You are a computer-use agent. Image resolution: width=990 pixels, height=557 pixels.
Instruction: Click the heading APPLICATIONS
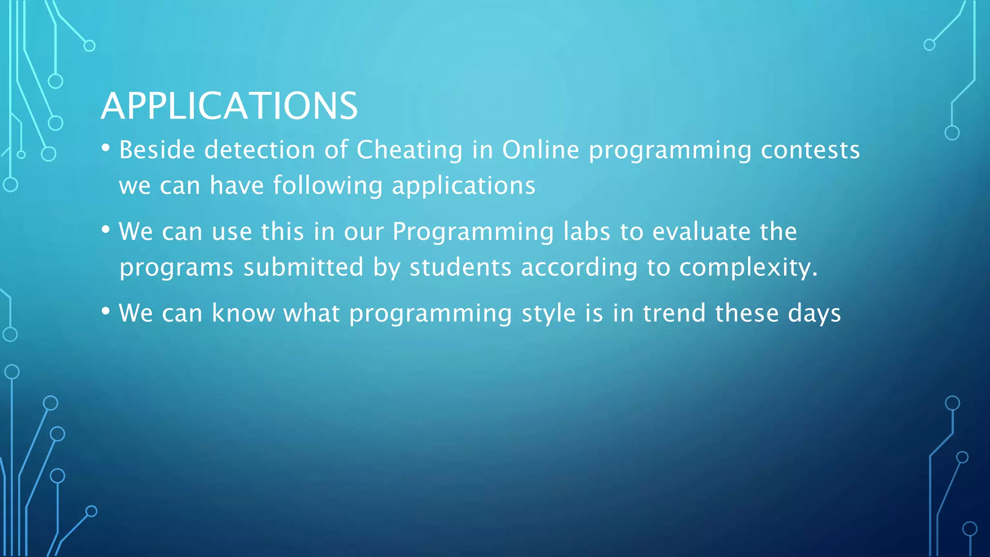coord(229,106)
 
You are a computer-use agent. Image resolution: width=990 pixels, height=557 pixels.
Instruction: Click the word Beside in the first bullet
coord(157,150)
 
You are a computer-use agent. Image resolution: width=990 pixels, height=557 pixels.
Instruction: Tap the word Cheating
coord(409,151)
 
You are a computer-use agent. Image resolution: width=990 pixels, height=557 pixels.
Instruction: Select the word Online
coord(540,150)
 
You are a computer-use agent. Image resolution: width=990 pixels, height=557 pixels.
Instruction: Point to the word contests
coord(810,150)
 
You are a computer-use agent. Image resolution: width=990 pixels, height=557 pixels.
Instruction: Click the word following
coord(328,186)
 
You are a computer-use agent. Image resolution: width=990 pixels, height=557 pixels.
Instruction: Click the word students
coord(460,267)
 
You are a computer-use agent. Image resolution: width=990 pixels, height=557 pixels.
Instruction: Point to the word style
coord(549,314)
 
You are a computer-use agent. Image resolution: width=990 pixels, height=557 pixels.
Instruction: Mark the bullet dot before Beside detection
coord(106,148)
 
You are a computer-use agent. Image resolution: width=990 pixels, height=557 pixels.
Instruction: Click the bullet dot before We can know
coord(106,311)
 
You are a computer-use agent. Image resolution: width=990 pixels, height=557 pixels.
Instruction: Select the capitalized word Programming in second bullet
coord(473,233)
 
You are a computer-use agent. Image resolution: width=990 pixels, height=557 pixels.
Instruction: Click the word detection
coord(260,150)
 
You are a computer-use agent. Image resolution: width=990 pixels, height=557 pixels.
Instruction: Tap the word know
coord(243,313)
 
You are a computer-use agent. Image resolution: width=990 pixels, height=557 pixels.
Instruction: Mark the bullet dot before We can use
coord(106,230)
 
